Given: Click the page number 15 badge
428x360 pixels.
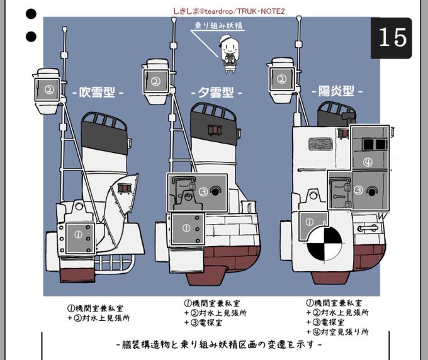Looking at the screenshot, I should pyautogui.click(x=392, y=38).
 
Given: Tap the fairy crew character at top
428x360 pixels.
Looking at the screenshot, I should pyautogui.click(x=225, y=50).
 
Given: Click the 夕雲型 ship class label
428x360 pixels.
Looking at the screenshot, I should pyautogui.click(x=216, y=93).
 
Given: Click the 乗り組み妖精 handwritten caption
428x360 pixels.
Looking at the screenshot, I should pyautogui.click(x=220, y=26).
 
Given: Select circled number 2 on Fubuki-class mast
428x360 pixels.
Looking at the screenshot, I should pyautogui.click(x=47, y=89).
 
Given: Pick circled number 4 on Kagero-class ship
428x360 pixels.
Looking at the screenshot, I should pyautogui.click(x=368, y=162).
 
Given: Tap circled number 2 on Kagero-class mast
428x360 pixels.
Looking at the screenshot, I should pyautogui.click(x=281, y=79).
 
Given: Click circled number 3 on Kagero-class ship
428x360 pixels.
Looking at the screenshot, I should pyautogui.click(x=356, y=189).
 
